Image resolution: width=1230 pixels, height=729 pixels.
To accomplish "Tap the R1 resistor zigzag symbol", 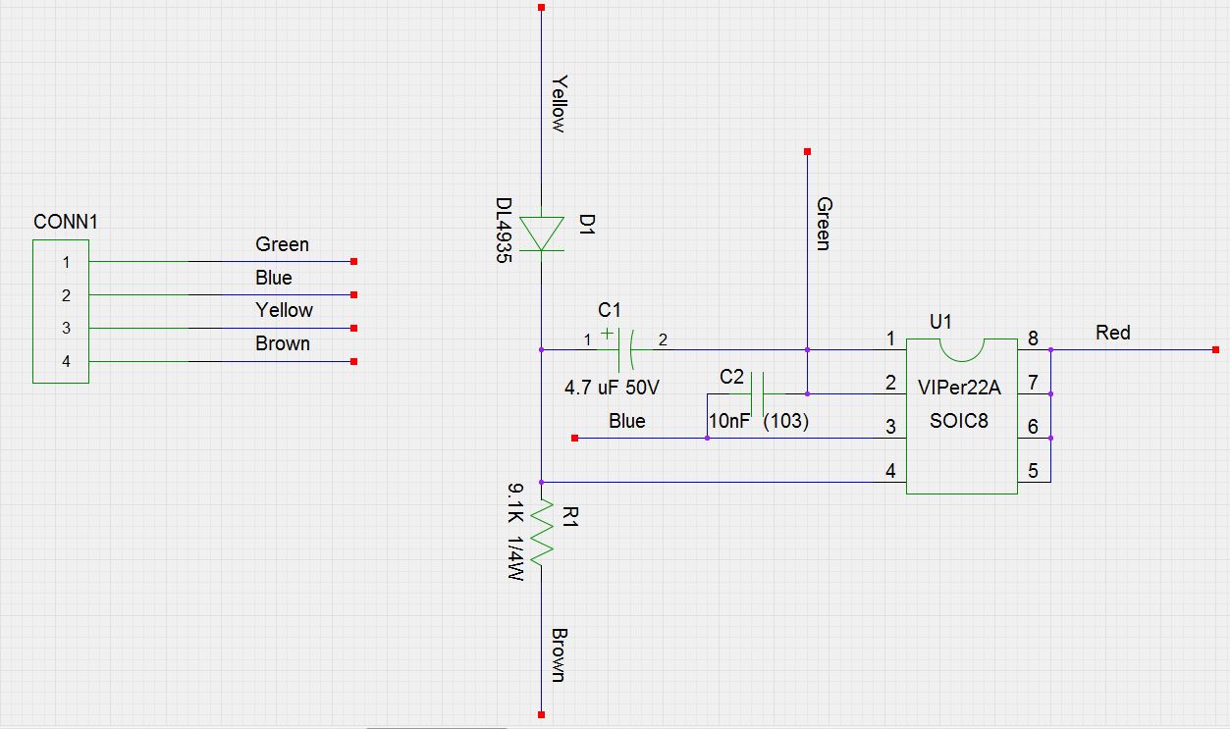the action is pyautogui.click(x=542, y=533).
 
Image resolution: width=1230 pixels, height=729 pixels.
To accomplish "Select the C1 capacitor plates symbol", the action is pyautogui.click(x=626, y=349).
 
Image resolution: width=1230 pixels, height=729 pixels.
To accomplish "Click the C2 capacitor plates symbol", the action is pyautogui.click(x=757, y=393).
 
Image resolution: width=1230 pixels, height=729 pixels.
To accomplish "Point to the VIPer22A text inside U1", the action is pyautogui.click(x=959, y=388).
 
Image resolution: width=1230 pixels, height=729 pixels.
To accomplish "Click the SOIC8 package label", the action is pyautogui.click(x=959, y=421).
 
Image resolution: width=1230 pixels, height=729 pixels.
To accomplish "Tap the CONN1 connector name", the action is pyautogui.click(x=66, y=222).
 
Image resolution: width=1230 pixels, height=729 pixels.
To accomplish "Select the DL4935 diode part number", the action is pyautogui.click(x=504, y=231).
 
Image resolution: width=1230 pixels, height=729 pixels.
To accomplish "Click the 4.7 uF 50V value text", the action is pyautogui.click(x=612, y=388).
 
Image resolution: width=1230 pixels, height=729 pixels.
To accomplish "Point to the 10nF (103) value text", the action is pyautogui.click(x=758, y=421).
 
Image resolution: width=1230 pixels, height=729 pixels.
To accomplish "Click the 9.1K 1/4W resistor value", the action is pyautogui.click(x=515, y=532).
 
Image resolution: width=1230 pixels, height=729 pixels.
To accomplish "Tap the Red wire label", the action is pyautogui.click(x=1112, y=333).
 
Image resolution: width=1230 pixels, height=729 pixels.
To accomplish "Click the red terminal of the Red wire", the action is pyautogui.click(x=1215, y=349).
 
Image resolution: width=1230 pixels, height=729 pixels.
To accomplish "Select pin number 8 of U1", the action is pyautogui.click(x=1033, y=338).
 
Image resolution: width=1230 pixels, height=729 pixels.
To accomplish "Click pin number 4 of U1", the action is pyautogui.click(x=890, y=471).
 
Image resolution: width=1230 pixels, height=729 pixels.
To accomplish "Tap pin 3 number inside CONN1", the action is pyautogui.click(x=66, y=329).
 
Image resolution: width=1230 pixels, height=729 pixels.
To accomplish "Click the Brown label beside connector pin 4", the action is pyautogui.click(x=283, y=343).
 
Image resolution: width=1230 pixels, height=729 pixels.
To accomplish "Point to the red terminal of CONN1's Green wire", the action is pyautogui.click(x=354, y=262).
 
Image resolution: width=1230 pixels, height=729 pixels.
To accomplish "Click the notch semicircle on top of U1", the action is pyautogui.click(x=961, y=352).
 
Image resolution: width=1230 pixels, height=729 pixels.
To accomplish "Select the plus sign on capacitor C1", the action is pyautogui.click(x=607, y=334).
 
